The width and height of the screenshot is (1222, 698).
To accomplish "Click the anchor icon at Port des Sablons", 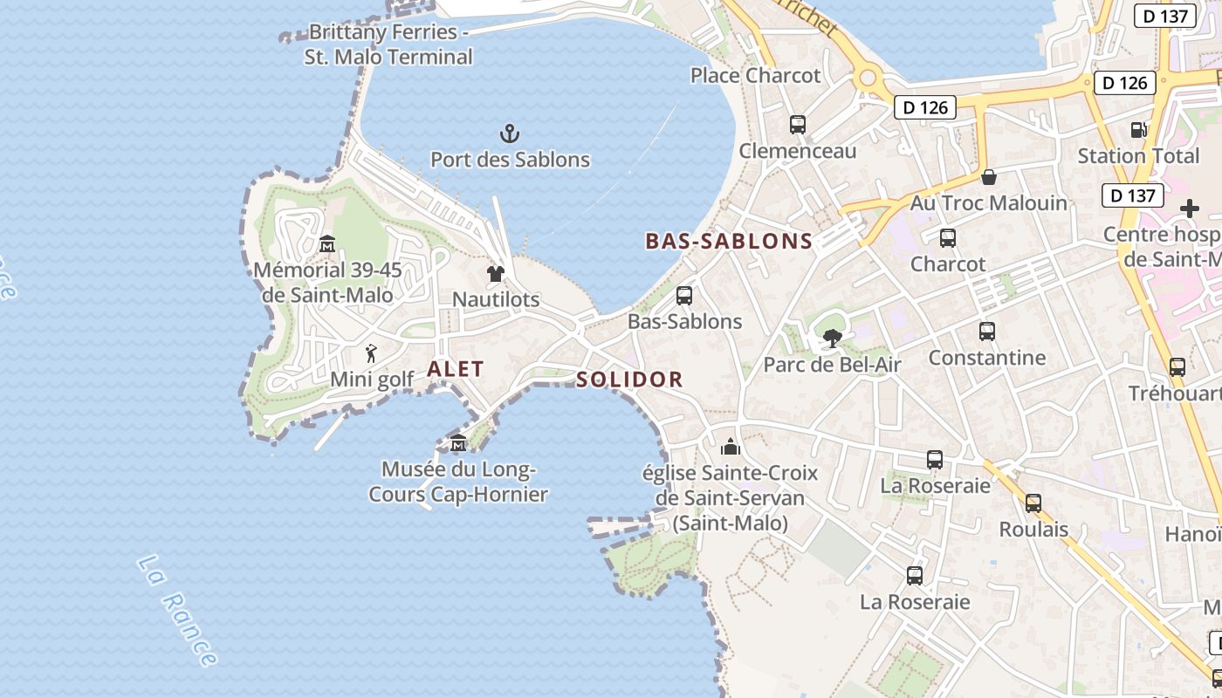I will [x=510, y=133].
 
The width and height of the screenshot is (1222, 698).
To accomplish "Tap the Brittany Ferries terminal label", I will [x=388, y=44].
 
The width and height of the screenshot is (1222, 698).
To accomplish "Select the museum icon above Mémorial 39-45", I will [x=327, y=243].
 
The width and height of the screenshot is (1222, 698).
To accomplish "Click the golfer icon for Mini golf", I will [x=372, y=353].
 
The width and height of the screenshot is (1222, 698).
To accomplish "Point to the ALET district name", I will [x=455, y=369].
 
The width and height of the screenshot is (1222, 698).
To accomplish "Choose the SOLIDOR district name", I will [x=629, y=380].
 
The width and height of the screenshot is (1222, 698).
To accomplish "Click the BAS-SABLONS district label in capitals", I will [x=729, y=242].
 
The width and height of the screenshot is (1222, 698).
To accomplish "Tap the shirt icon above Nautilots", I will [x=496, y=274].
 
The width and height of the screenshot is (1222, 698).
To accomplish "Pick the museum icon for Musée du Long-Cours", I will [x=458, y=444].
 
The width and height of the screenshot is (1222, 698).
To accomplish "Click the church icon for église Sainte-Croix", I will [x=731, y=448].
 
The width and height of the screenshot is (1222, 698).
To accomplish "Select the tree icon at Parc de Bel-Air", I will [x=832, y=338].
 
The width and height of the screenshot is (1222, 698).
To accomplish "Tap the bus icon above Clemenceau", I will [x=798, y=125].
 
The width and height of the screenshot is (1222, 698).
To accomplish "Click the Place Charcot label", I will [x=756, y=76].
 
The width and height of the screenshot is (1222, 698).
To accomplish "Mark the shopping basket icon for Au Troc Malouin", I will [x=989, y=177].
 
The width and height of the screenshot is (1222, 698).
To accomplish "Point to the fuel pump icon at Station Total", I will [x=1139, y=130].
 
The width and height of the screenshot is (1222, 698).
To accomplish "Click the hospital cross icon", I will [x=1189, y=209].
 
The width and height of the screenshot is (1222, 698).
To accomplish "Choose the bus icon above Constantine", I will [x=987, y=332].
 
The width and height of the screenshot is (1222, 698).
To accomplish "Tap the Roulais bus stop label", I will [x=1033, y=530].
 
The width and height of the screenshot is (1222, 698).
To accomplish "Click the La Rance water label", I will [x=177, y=611].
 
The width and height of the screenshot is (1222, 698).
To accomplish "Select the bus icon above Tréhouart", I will [x=1177, y=367].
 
